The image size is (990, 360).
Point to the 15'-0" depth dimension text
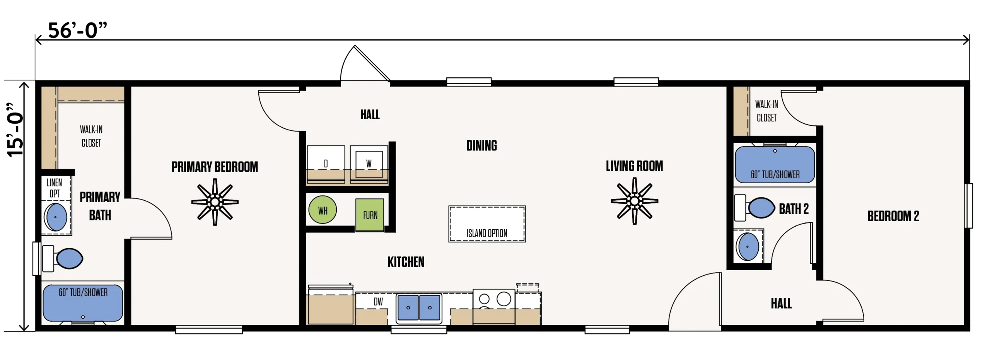[15, 129]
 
